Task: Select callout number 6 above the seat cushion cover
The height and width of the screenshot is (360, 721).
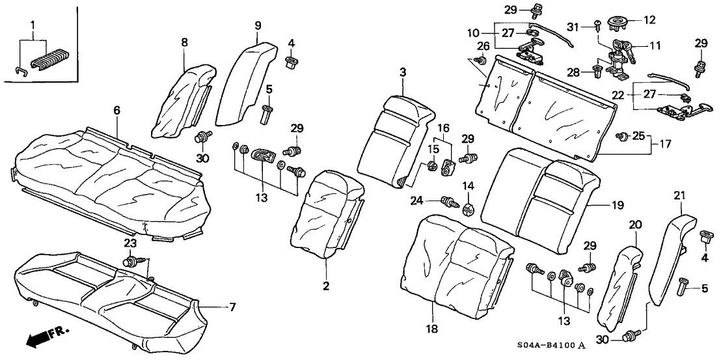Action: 117,111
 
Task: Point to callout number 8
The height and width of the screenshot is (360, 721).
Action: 184,41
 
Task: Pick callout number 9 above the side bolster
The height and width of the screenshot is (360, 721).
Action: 258,25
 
